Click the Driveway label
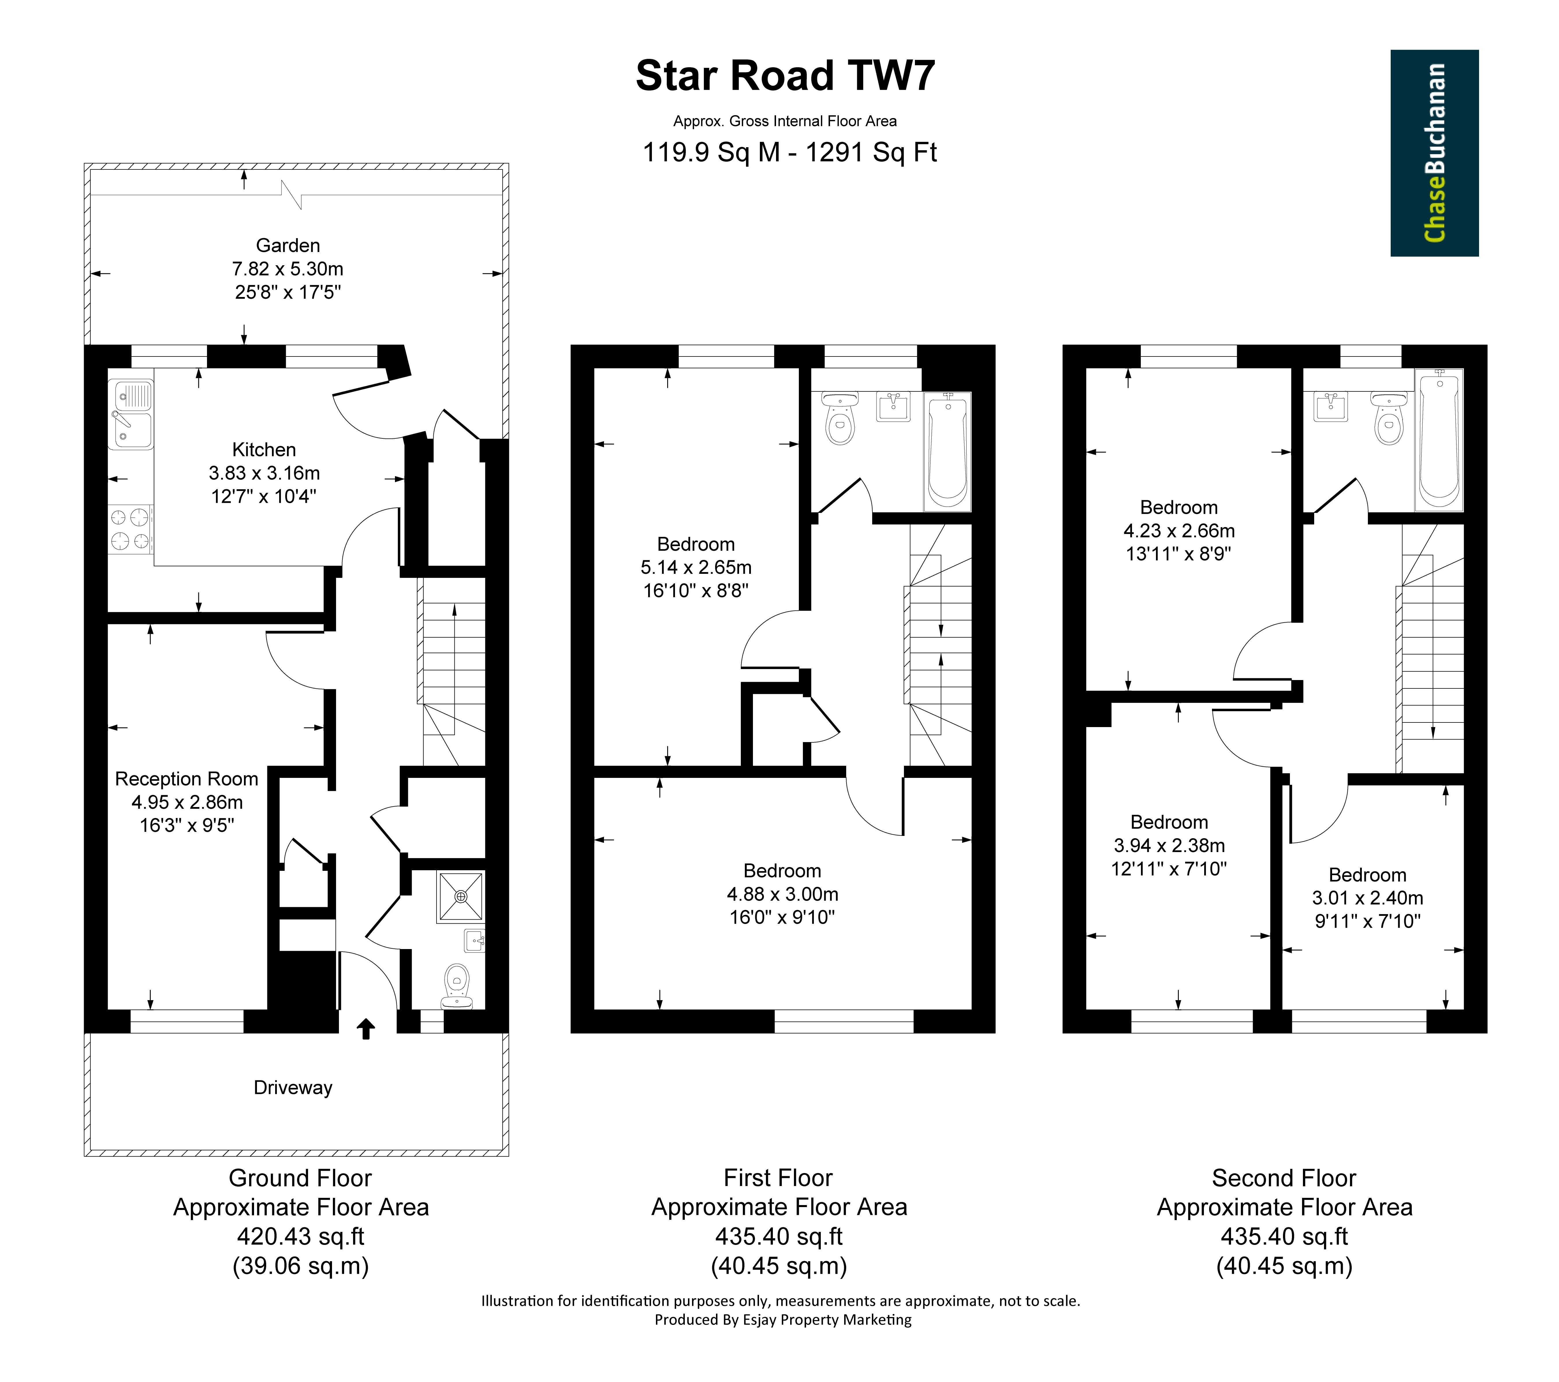pos(293,1088)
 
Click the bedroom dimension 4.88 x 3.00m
pos(783,894)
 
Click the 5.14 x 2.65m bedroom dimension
pos(695,567)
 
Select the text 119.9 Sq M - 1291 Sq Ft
pos(789,152)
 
